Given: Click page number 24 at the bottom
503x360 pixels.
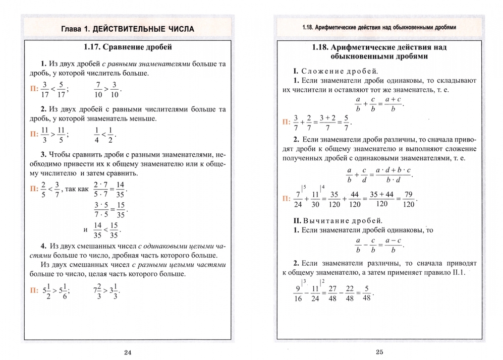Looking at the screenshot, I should (x=128, y=352).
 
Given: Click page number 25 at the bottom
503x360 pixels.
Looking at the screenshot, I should (x=380, y=352).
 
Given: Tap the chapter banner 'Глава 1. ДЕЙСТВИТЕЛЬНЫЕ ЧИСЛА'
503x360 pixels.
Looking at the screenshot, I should (x=127, y=29).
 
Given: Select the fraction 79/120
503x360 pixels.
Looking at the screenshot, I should (x=408, y=199).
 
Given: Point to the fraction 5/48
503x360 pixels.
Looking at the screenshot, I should (x=367, y=292).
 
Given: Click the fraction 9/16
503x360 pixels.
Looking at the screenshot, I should (x=298, y=292).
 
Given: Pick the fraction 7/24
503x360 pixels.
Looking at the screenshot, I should (x=299, y=199).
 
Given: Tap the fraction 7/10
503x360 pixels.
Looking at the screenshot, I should (x=98, y=89).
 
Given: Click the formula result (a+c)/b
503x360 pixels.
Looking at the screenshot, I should (x=392, y=104).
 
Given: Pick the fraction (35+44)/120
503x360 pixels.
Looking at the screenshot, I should (x=381, y=199).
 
